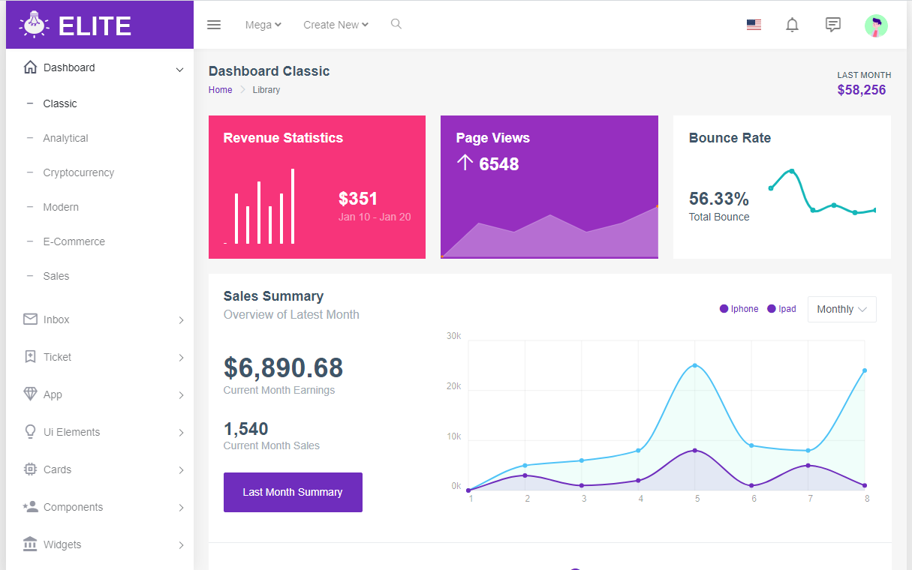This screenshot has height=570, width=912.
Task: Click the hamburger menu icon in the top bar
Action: point(214,25)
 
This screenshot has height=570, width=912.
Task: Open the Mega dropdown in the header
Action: point(263,25)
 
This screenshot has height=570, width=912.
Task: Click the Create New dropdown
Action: point(336,25)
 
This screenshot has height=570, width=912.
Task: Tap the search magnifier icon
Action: point(396,24)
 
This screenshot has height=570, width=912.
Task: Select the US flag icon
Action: point(754,25)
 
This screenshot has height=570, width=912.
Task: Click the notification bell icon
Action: point(792,25)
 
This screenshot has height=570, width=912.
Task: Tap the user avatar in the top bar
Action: point(876,25)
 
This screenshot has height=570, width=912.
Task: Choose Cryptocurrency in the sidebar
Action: point(79,172)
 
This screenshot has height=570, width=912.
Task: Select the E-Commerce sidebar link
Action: point(74,241)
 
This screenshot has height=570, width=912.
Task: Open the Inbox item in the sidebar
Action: point(56,319)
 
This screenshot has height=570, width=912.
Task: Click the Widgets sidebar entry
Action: point(62,544)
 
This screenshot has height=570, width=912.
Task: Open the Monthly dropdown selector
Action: point(841,309)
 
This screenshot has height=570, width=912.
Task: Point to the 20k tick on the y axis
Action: point(453,386)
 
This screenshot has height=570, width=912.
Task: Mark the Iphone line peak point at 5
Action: point(695,365)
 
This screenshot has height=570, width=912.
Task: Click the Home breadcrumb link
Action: point(220,90)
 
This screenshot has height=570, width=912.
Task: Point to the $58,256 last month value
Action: point(861,90)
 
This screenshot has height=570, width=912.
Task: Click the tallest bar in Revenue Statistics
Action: point(293,206)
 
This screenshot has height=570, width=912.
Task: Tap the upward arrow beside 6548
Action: point(465,163)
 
